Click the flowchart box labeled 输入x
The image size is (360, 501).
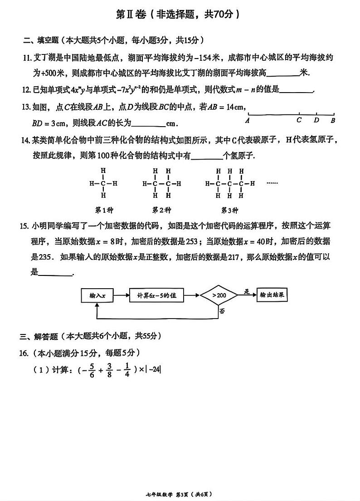[x=97, y=295]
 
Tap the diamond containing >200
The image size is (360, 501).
[x=219, y=295]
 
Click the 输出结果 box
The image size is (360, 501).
[x=272, y=295]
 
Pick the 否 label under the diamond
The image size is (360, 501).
[x=222, y=311]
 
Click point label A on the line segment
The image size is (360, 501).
[x=247, y=121]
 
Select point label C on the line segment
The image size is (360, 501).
[x=299, y=120]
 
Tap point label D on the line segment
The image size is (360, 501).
[x=316, y=120]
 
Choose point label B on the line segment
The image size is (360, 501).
[x=333, y=121]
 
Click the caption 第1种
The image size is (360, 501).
[x=103, y=210]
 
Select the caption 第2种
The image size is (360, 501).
[x=161, y=210]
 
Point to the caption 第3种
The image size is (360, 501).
[x=229, y=210]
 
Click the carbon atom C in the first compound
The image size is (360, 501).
[x=103, y=184]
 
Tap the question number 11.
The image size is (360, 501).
[x=26, y=58]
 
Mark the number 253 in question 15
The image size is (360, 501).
[x=193, y=241]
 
